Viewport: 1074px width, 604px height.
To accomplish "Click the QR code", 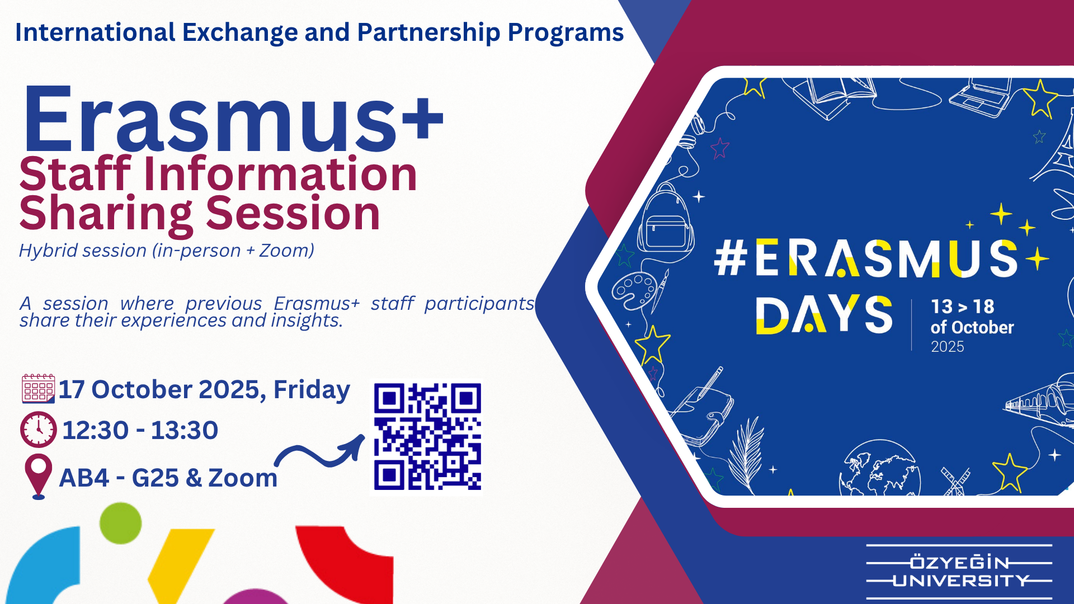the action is point(427,437).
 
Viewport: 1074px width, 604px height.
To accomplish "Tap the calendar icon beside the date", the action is point(38,389).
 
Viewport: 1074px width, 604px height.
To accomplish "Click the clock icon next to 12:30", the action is point(38,430).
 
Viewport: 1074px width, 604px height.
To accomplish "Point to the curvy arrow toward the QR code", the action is point(319,454).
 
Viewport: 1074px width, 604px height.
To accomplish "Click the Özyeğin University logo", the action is point(959,572).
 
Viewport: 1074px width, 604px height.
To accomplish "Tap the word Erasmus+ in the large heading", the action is point(233,119).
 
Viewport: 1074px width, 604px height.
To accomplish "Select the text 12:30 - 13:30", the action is point(140,430).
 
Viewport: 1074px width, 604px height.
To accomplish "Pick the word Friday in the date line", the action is point(312,390).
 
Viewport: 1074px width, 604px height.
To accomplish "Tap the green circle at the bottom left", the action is point(120,523).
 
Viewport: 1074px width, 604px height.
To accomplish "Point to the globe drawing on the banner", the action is point(879,469).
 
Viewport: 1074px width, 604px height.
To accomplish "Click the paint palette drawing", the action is point(634,290).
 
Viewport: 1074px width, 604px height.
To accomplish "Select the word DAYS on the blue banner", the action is point(824,315).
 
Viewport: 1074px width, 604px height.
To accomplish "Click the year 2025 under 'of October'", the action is point(947,347).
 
